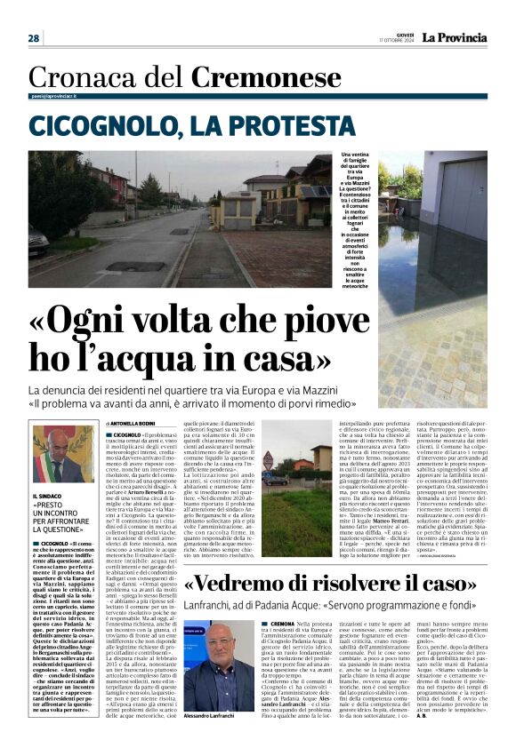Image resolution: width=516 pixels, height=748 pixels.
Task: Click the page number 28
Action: pos(34,38)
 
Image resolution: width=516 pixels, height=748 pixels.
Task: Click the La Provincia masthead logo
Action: pos(455,37)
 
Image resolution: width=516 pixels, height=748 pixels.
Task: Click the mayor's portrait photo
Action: pos(62,453)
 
